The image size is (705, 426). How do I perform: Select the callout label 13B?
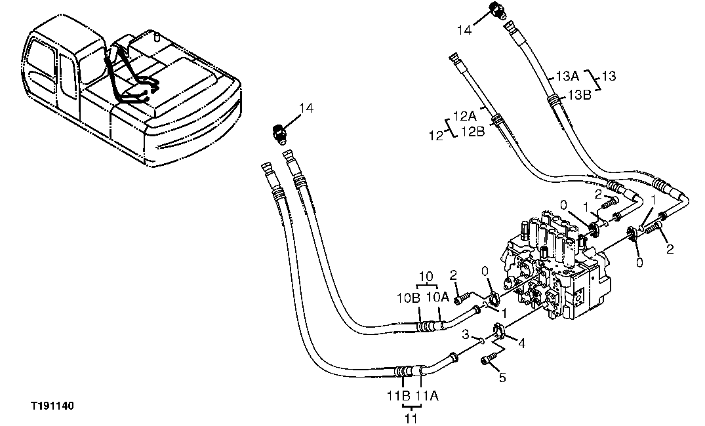579,94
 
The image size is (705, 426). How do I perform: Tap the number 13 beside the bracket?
609,77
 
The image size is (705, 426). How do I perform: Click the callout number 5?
502,378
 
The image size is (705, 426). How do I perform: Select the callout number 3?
464,335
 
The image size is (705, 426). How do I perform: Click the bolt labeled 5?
490,359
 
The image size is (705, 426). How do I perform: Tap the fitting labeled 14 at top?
498,11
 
